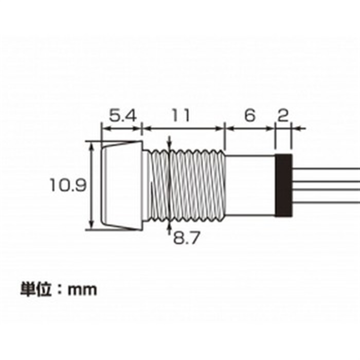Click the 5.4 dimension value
coord(123,116)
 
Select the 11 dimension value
coord(182,116)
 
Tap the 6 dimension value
coord(250,116)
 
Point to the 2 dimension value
coord(283,116)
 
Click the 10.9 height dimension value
coord(68,185)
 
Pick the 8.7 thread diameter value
coord(186,238)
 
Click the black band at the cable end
coord(283,186)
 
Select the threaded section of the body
coord(186,186)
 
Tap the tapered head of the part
coord(121,186)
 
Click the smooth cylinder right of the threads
coord(250,186)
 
